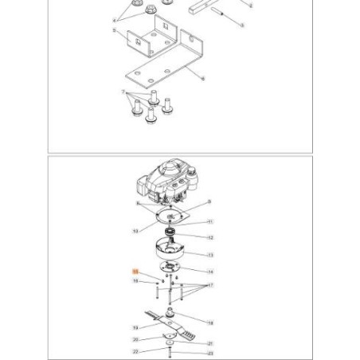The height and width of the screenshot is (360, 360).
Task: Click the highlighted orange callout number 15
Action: [135, 272]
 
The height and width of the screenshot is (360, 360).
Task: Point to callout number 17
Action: [210, 284]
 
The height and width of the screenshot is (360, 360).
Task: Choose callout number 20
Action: [135, 340]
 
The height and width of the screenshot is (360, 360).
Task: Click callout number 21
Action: [210, 342]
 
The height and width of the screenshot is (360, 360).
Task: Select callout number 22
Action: [135, 351]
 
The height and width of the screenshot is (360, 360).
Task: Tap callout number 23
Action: [210, 351]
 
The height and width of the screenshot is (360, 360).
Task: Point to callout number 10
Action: [135, 231]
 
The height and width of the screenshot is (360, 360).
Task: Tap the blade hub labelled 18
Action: [170, 312]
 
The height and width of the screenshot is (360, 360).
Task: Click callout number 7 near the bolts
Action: [124, 92]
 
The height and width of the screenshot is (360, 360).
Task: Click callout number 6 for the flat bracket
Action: [205, 78]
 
